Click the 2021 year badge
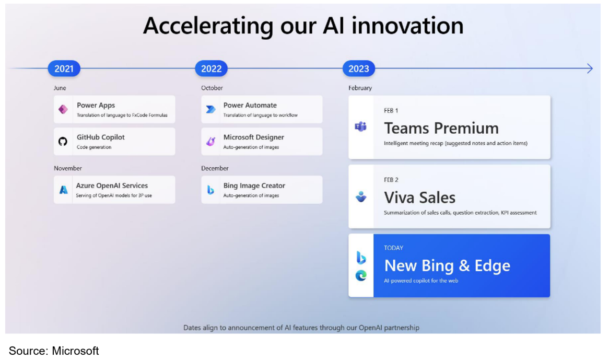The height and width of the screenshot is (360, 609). [x=64, y=69]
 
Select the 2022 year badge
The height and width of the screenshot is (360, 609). [x=212, y=69]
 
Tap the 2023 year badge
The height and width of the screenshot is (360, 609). [x=358, y=69]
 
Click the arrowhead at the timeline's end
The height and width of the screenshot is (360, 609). [x=590, y=69]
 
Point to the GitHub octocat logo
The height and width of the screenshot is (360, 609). [x=63, y=142]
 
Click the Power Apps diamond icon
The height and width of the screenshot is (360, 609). [x=63, y=109]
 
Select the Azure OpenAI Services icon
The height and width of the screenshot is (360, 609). [x=63, y=190]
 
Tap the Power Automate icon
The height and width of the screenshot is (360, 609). [x=210, y=110]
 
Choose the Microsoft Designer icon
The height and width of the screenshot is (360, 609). [x=210, y=142]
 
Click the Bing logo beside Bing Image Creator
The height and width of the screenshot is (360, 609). [x=210, y=190]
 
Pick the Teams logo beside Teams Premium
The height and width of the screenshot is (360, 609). [x=360, y=126]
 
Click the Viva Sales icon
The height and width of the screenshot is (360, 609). [x=361, y=196]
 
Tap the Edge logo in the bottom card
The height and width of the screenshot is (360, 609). [x=361, y=275]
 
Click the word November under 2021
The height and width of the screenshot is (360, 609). [x=68, y=168]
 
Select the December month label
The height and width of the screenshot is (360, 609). [x=215, y=168]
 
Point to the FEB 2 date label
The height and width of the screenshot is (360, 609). [x=391, y=180]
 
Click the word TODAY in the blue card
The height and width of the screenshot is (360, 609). [x=393, y=248]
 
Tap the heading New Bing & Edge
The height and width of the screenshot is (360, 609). [x=447, y=265]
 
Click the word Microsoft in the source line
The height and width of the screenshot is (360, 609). [x=75, y=351]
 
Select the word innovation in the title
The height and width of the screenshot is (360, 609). [x=407, y=26]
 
